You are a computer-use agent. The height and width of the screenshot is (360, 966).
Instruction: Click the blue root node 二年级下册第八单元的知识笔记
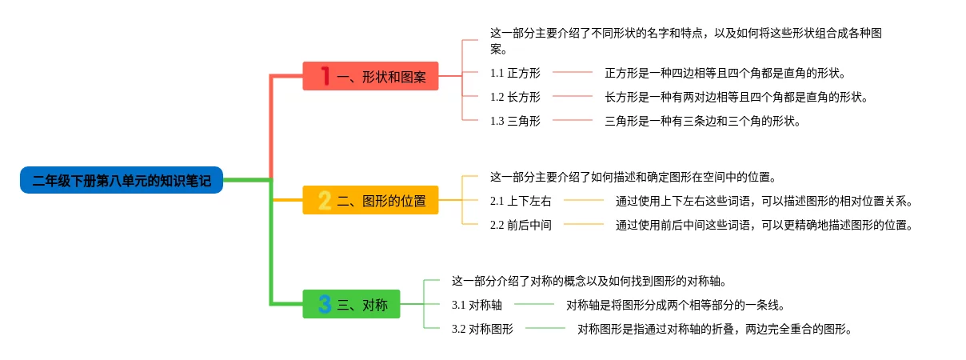pos(122,181)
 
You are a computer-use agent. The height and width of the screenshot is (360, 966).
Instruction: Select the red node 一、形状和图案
pos(370,76)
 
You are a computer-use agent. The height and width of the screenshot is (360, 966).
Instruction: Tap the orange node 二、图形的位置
pos(370,200)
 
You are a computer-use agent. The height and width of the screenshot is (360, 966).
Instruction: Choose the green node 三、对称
pos(351,304)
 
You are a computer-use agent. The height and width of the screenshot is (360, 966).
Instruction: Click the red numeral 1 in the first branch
pos(325,76)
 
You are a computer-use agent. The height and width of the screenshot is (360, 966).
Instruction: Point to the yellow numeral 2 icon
pos(325,200)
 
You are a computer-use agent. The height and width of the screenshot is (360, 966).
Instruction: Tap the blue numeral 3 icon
pos(325,304)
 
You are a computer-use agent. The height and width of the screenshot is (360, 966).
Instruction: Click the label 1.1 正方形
pos(515,73)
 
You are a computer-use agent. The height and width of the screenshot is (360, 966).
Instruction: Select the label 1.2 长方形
pos(515,97)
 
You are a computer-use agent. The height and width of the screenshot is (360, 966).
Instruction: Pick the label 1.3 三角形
pos(515,121)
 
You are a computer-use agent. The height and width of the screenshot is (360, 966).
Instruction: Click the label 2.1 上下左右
pos(521,201)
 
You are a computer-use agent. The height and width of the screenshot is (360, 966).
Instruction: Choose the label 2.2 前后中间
pos(521,225)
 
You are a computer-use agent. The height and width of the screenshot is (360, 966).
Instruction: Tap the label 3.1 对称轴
pos(477,304)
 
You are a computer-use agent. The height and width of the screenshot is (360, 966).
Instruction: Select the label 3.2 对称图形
pos(482,328)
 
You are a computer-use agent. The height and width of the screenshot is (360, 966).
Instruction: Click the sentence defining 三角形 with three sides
pos(702,121)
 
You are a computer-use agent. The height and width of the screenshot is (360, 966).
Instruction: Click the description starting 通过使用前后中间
pos(764,225)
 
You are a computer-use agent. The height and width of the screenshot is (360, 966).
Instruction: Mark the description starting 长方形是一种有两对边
pos(736,97)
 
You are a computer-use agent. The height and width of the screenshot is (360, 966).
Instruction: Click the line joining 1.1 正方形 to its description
pos(573,73)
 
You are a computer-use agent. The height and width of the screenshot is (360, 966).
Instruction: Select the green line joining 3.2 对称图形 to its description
pos(545,328)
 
